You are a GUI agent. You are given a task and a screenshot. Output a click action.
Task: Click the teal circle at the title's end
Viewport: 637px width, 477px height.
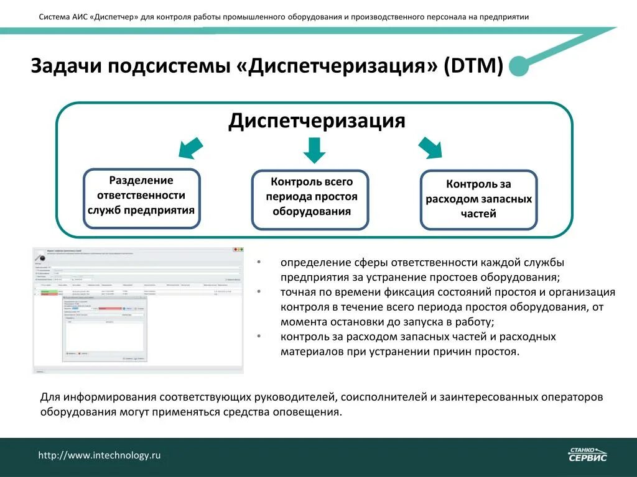(x=519, y=67)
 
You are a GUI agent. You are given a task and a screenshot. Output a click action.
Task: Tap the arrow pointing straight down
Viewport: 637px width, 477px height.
(x=314, y=149)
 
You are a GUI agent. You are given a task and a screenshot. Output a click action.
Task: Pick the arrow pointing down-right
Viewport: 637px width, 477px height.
(x=430, y=148)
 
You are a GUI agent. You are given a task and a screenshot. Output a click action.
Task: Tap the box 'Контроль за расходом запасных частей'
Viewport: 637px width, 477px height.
(x=478, y=199)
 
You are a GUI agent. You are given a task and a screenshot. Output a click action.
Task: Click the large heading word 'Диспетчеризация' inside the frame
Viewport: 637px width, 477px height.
(x=317, y=120)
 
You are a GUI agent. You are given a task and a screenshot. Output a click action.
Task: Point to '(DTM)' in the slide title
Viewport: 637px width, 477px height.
(x=473, y=66)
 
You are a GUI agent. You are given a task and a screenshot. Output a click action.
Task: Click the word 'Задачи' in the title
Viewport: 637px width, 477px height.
(x=66, y=66)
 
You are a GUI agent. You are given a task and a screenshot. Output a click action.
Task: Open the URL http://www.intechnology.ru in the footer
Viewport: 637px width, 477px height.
(x=100, y=455)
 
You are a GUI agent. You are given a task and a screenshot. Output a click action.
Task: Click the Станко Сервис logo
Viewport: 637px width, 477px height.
(x=587, y=455)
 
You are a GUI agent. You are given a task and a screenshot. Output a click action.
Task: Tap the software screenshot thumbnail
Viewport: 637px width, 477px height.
(x=137, y=310)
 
